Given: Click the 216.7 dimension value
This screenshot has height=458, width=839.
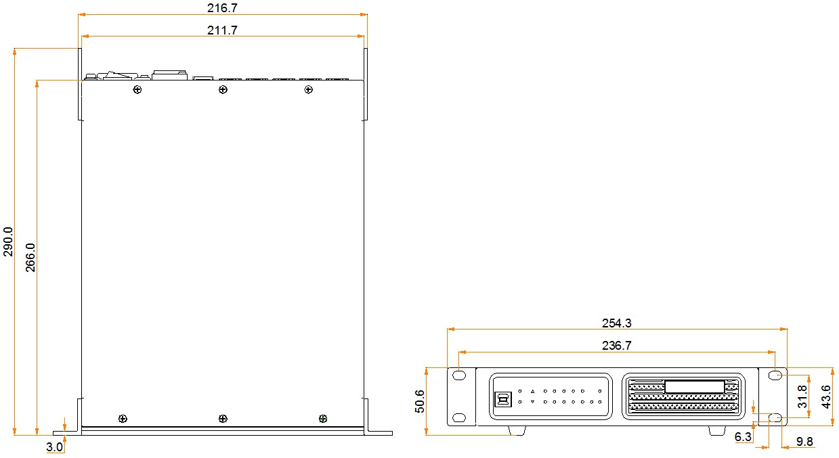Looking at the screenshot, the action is coord(222,8).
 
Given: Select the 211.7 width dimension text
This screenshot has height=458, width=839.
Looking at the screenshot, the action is coord(222,30).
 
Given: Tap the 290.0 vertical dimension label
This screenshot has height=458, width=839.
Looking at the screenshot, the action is coord(8,242).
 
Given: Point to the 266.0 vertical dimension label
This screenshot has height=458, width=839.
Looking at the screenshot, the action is coord(30,258).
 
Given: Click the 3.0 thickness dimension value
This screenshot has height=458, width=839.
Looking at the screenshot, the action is coord(54,446).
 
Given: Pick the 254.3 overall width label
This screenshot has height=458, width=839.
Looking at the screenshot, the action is coord(616,323).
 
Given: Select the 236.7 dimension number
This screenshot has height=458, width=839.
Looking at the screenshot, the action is coord(616,346).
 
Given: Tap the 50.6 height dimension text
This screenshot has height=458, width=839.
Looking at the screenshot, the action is coord(420,401).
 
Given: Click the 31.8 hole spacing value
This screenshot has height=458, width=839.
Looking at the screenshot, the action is coord(802,396).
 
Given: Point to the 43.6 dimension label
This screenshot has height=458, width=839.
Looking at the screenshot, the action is coord(826,396).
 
